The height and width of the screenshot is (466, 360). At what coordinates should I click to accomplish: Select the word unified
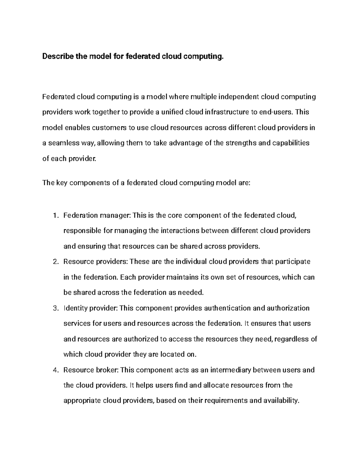coord(172,112)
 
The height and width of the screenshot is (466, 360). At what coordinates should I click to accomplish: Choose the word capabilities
coord(291,143)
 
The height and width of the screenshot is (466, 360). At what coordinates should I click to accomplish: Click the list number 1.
coord(55,216)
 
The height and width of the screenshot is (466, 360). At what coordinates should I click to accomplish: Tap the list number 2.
coord(55,262)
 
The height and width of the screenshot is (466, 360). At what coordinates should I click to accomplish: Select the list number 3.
coord(55,308)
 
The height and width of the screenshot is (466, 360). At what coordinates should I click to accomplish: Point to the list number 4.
coord(55,370)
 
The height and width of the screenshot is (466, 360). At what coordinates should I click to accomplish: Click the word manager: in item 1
coord(115,216)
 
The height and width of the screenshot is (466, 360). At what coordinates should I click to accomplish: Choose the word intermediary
coord(231,370)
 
